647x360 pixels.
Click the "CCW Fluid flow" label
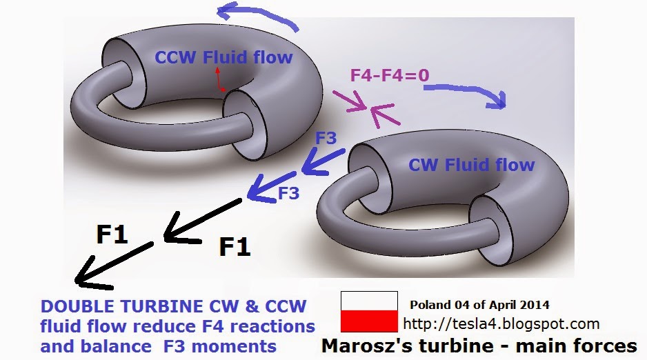223,57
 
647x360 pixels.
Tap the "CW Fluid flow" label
471,165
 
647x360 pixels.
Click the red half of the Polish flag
369,321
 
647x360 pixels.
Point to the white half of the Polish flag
369,301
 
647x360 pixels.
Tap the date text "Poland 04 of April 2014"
479,304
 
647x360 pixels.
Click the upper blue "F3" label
326,137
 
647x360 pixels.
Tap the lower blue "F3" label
288,194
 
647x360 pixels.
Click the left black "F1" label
112,235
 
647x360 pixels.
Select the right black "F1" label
235,246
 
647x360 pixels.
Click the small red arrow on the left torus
219,79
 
